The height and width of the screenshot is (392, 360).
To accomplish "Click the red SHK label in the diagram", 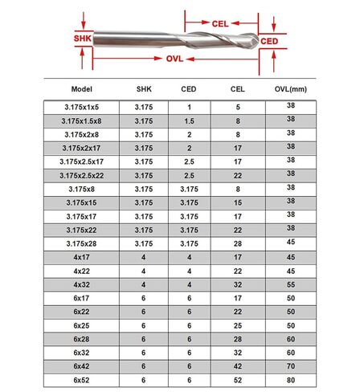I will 82,38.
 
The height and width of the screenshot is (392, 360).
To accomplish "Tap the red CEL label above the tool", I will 220,25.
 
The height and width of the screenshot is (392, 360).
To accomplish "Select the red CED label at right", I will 270,39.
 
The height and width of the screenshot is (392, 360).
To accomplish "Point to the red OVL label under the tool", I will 175,59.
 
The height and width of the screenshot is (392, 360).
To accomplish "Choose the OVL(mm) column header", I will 292,89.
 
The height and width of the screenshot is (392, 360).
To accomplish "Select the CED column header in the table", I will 188,89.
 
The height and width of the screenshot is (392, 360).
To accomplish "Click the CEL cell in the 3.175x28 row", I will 238,243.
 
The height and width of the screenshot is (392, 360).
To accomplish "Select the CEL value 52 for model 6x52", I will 238,380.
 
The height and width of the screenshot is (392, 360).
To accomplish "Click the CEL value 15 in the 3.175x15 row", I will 238,202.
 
